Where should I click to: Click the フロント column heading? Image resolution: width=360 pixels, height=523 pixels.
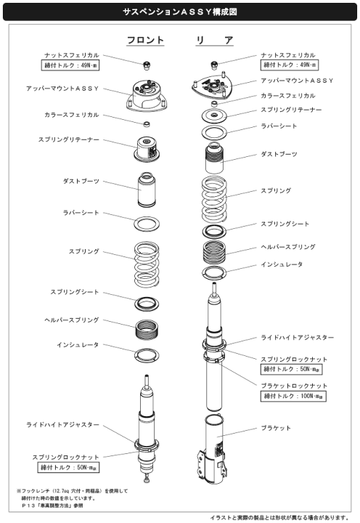click(x=145, y=41)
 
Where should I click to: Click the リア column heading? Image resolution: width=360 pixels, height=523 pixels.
click(x=214, y=41)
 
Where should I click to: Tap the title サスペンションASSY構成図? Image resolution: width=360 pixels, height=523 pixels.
click(x=180, y=12)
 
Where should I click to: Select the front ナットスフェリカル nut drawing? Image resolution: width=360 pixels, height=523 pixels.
click(x=147, y=65)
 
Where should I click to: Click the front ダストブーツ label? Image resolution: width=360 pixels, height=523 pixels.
click(x=81, y=181)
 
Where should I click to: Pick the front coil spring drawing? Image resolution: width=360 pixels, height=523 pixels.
click(x=147, y=264)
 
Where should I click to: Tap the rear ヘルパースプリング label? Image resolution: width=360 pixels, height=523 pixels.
click(x=288, y=247)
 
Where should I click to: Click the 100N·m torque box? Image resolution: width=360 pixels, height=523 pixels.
click(x=293, y=396)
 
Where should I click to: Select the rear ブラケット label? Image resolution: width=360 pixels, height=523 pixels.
click(x=276, y=428)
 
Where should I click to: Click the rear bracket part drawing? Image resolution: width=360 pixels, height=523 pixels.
click(x=213, y=450)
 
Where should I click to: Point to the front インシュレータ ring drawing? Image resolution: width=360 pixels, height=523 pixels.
click(x=147, y=356)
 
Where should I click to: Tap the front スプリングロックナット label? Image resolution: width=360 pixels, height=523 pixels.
click(x=65, y=457)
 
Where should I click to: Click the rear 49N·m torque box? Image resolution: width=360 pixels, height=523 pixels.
click(x=290, y=65)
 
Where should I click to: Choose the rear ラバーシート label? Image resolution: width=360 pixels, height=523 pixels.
click(x=279, y=126)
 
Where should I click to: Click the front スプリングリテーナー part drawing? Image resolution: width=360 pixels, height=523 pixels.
click(x=147, y=149)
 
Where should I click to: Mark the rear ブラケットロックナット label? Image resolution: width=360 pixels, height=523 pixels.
click(x=294, y=386)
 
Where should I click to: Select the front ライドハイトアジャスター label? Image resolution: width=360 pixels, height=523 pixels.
click(x=62, y=425)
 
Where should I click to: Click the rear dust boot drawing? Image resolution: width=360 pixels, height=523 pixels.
click(x=214, y=158)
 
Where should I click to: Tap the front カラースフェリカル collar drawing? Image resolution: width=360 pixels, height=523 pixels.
click(x=147, y=124)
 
